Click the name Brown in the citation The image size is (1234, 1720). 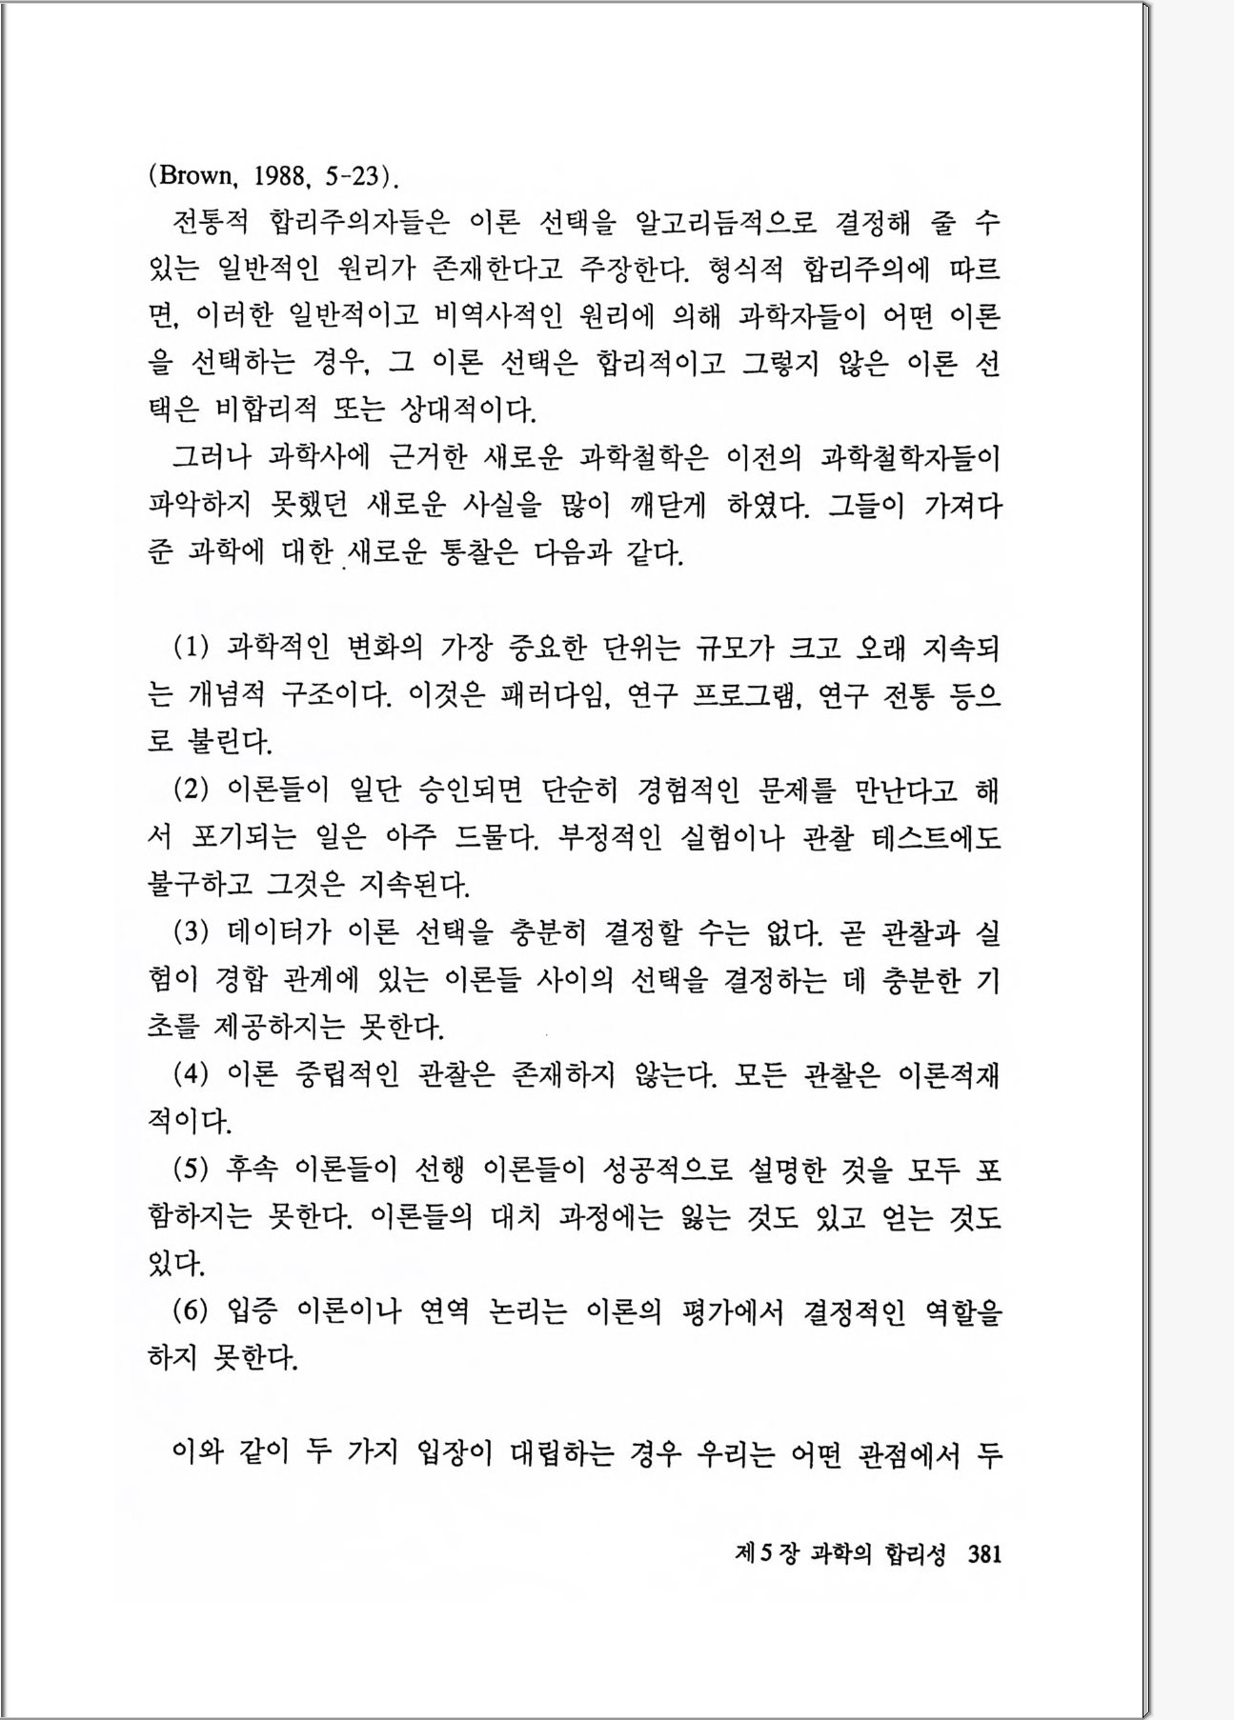(x=195, y=176)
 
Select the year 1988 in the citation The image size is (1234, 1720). (x=281, y=176)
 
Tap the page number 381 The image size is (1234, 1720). (x=984, y=1555)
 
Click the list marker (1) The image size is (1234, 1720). (x=191, y=649)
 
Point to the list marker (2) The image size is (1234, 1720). (x=191, y=790)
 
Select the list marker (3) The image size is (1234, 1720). (x=191, y=931)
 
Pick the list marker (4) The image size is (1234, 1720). (x=191, y=1074)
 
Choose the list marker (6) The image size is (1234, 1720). (x=191, y=1311)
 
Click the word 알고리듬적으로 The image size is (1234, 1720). (x=725, y=223)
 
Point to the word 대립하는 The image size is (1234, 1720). (x=562, y=1453)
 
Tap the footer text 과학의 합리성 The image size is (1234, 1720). (x=878, y=1555)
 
